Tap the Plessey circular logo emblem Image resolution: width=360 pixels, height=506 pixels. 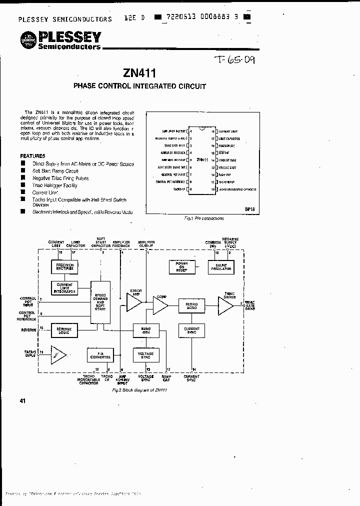28,39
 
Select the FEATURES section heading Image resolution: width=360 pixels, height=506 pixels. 32,156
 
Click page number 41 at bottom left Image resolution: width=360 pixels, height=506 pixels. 22,400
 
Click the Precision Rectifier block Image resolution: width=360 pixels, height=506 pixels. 64,267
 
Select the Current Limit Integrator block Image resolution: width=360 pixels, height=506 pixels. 64,288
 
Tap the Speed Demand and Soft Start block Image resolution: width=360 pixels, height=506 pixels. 100,302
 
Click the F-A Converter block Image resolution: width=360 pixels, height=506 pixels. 100,355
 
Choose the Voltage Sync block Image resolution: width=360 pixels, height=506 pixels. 145,355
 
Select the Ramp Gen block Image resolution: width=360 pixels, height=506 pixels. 145,330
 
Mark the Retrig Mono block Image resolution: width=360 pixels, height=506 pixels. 191,305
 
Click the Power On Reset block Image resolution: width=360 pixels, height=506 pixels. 181,267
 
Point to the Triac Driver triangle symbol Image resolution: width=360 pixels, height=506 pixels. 224,305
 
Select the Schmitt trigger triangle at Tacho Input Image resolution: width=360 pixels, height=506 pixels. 58,354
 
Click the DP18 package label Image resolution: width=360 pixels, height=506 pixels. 250,209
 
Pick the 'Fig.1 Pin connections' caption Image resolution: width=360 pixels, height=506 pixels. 204,218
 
